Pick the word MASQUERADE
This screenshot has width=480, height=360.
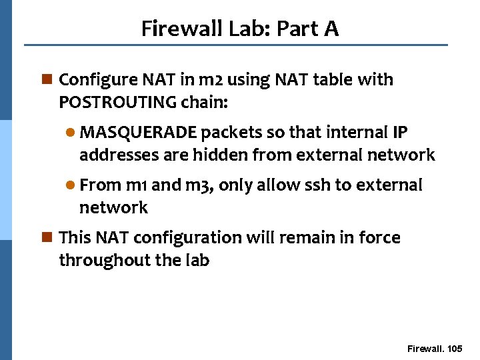click(x=138, y=132)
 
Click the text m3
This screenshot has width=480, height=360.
click(x=199, y=185)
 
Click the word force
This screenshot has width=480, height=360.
click(x=381, y=237)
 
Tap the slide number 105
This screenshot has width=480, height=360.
click(x=455, y=349)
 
